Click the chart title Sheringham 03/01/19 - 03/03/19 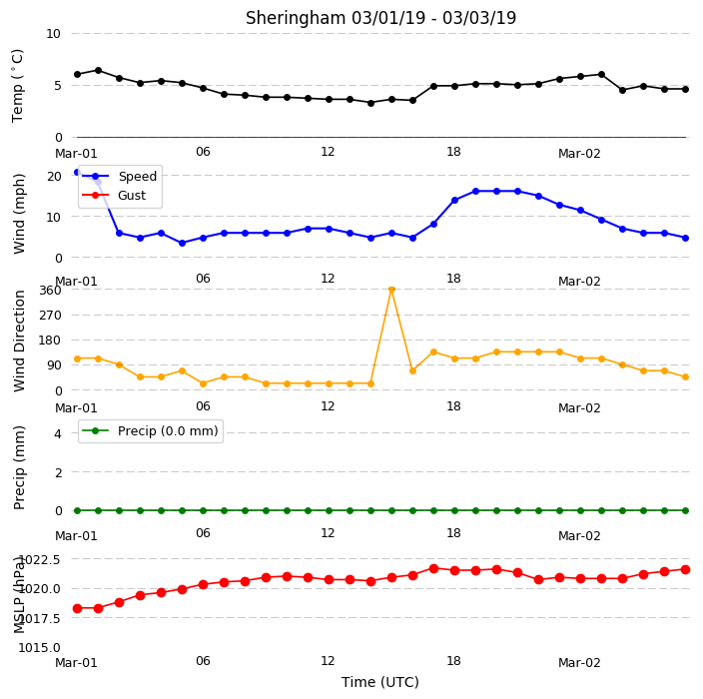click(x=380, y=18)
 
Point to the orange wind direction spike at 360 click(x=391, y=290)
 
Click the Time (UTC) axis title click(x=380, y=682)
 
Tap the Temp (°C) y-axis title click(x=18, y=86)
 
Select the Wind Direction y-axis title click(x=19, y=341)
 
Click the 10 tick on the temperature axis click(x=53, y=34)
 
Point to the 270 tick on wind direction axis click(x=50, y=316)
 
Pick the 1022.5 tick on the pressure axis click(x=40, y=559)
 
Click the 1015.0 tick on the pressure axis click(x=39, y=647)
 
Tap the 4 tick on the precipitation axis click(x=58, y=433)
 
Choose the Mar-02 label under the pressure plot click(x=579, y=663)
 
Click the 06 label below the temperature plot click(x=203, y=152)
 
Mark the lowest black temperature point click(x=370, y=103)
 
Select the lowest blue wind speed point click(x=182, y=243)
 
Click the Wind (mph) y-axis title click(x=19, y=215)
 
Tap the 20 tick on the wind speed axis click(x=54, y=176)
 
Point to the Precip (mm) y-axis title click(x=19, y=467)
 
